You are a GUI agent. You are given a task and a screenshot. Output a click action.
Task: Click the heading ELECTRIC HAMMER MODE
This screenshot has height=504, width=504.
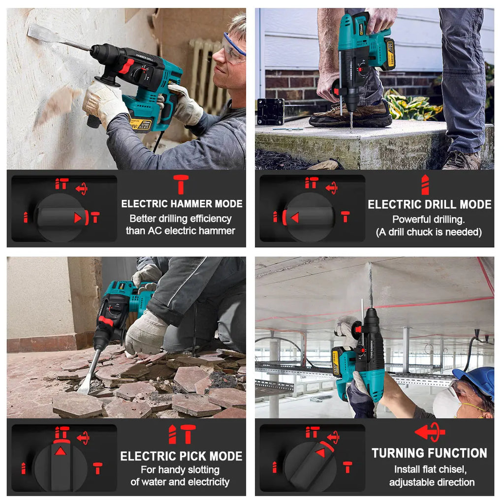(x=182, y=203)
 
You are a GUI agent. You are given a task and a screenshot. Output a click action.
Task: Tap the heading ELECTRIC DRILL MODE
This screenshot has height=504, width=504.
(x=430, y=204)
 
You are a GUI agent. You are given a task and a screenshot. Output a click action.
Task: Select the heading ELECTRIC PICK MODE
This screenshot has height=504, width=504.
(x=182, y=456)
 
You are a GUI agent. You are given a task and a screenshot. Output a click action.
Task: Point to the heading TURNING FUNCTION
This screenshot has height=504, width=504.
(x=429, y=453)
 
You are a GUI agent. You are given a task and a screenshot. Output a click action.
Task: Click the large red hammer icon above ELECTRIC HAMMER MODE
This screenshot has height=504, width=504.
(x=181, y=184)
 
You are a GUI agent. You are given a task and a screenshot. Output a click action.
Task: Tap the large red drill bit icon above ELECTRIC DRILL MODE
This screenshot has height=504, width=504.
(x=425, y=185)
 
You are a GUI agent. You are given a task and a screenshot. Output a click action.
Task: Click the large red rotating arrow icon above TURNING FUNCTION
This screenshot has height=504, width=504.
(x=429, y=432)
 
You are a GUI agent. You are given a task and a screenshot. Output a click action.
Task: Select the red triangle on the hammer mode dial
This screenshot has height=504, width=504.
(x=78, y=217)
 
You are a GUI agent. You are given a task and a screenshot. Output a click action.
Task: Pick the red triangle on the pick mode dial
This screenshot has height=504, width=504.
(x=61, y=450)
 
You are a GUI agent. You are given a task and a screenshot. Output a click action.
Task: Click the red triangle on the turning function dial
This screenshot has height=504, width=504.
(x=320, y=452)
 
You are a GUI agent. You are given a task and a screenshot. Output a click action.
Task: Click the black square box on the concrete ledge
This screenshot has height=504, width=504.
(x=271, y=111)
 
